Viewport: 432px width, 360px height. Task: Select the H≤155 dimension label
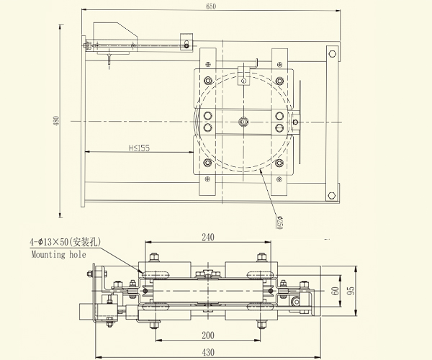[x=139, y=148]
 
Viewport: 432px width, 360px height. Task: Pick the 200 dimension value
[x=207, y=336]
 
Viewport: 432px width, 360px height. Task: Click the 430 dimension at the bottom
[x=207, y=352]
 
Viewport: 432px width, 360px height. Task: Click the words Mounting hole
[x=58, y=254]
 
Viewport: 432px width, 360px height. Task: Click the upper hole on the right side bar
[x=332, y=53]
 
